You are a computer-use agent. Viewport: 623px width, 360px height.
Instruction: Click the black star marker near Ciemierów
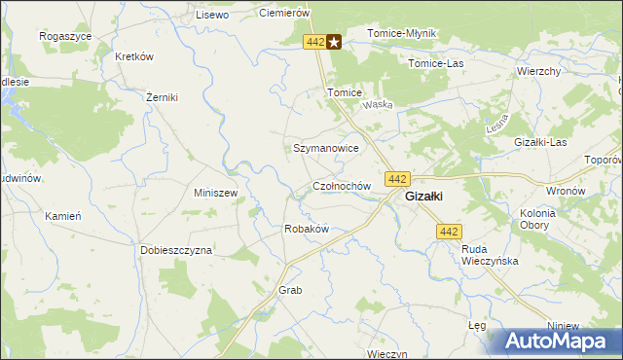coord(334,42)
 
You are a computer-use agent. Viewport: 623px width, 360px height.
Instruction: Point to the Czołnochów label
coord(342,185)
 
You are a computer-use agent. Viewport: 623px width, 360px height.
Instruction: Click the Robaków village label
coord(306,229)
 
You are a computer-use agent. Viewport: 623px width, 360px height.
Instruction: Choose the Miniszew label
coord(216,193)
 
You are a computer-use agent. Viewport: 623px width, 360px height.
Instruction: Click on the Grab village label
coord(291,291)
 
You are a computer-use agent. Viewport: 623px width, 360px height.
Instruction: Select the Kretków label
coord(135,56)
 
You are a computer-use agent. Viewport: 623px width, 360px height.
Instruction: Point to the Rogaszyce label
coord(65,35)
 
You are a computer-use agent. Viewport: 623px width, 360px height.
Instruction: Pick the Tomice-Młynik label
coord(402,33)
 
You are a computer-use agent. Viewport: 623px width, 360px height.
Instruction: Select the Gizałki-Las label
coord(540,142)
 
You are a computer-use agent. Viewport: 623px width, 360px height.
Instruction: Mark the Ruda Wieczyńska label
coord(490,255)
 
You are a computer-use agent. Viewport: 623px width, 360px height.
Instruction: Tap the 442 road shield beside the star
coord(313,42)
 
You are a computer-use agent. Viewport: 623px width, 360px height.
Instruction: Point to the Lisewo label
coord(211,16)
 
